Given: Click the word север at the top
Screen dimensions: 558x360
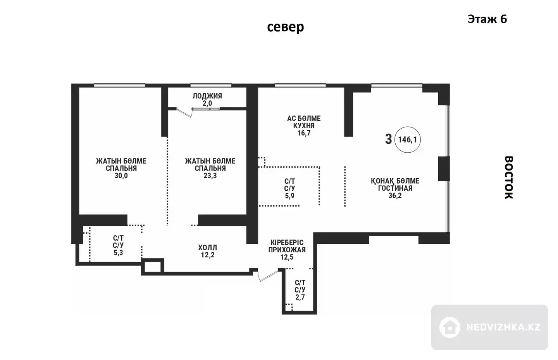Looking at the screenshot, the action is click(286, 27).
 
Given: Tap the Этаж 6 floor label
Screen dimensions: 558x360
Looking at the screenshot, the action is click(487, 19).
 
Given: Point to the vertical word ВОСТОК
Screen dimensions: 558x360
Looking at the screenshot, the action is click(509, 177).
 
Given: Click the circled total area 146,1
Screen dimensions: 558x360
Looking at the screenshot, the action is click(408, 140).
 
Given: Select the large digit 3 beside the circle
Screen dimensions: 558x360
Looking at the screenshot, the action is click(388, 139).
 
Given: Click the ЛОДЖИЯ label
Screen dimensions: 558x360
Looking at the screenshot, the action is click(207, 96).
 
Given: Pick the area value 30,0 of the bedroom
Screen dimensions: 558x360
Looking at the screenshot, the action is click(121, 176).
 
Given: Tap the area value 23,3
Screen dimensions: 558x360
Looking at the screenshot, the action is click(210, 176).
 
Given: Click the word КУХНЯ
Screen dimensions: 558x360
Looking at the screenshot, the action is click(304, 126).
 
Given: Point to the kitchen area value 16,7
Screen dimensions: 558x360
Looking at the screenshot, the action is click(304, 133).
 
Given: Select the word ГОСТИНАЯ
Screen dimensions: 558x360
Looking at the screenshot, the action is click(395, 188).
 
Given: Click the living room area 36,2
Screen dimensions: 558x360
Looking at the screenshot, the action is click(395, 196).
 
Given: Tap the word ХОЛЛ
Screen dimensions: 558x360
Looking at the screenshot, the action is click(208, 248).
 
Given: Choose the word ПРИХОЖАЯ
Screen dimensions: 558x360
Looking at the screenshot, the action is click(287, 250).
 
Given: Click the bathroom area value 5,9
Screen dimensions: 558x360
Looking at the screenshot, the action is click(290, 196).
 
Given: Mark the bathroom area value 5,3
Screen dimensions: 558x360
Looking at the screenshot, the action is click(118, 253).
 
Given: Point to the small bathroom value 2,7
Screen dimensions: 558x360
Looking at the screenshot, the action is click(300, 297).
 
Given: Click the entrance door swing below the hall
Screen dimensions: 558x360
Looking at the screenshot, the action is click(267, 276).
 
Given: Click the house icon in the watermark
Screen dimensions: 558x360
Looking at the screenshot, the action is click(449, 327).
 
